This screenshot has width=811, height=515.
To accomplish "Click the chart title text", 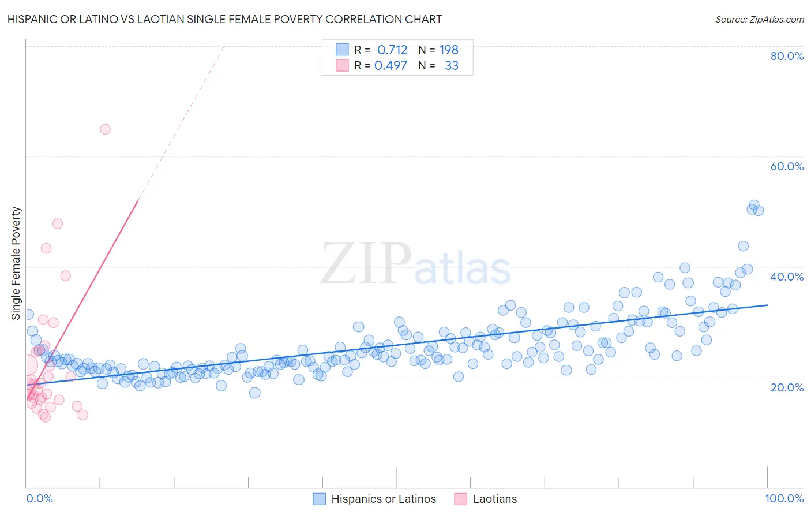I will pyautogui.click(x=224, y=19).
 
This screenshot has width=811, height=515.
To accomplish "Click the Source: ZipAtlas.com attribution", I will pyautogui.click(x=759, y=19).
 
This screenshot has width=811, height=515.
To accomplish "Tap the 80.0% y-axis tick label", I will pyautogui.click(x=787, y=56).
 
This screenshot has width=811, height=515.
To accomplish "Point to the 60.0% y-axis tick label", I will pyautogui.click(x=787, y=166).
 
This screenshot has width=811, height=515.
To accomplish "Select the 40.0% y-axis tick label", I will pyautogui.click(x=787, y=277).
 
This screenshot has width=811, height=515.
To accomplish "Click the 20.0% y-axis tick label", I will pyautogui.click(x=787, y=387).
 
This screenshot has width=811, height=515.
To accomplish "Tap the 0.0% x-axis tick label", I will pyautogui.click(x=39, y=498).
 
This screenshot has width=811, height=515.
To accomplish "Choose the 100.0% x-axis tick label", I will pyautogui.click(x=784, y=498).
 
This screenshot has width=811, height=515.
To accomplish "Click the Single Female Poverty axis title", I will pyautogui.click(x=16, y=263).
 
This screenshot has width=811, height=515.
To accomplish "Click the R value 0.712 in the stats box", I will pyautogui.click(x=392, y=50).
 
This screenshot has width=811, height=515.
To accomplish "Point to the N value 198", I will pyautogui.click(x=449, y=50).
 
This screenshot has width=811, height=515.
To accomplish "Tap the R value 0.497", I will pyautogui.click(x=391, y=65).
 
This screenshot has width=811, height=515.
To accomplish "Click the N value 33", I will pyautogui.click(x=452, y=65).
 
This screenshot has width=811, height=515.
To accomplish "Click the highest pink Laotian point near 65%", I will pyautogui.click(x=105, y=129).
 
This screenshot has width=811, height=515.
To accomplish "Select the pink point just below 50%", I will pyautogui.click(x=58, y=223).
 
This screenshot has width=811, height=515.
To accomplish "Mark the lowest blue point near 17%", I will pyautogui.click(x=254, y=393).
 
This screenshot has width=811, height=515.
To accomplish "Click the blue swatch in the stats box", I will pyautogui.click(x=343, y=50).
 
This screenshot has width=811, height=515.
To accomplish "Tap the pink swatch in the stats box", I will pyautogui.click(x=343, y=65).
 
